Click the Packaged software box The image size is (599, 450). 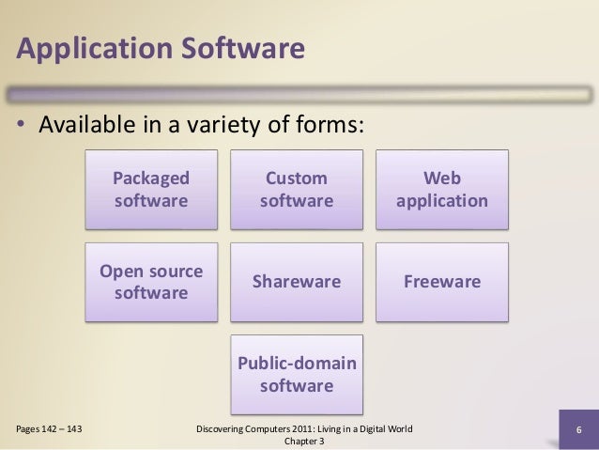(150, 189)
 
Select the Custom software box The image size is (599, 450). (296, 189)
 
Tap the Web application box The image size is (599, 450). (442, 189)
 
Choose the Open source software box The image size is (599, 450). (150, 282)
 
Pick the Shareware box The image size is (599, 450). (296, 282)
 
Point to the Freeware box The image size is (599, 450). (442, 282)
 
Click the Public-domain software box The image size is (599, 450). (296, 374)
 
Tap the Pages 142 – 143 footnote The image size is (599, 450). (48, 430)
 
